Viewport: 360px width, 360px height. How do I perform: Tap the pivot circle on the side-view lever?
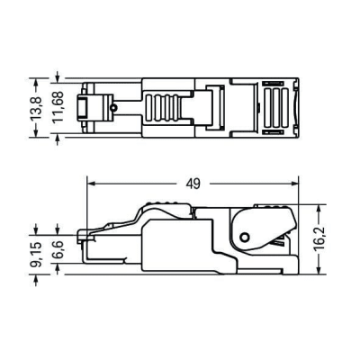[244, 238]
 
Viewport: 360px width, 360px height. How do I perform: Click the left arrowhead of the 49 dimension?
[90, 184]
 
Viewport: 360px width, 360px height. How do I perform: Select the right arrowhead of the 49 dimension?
[294, 184]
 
